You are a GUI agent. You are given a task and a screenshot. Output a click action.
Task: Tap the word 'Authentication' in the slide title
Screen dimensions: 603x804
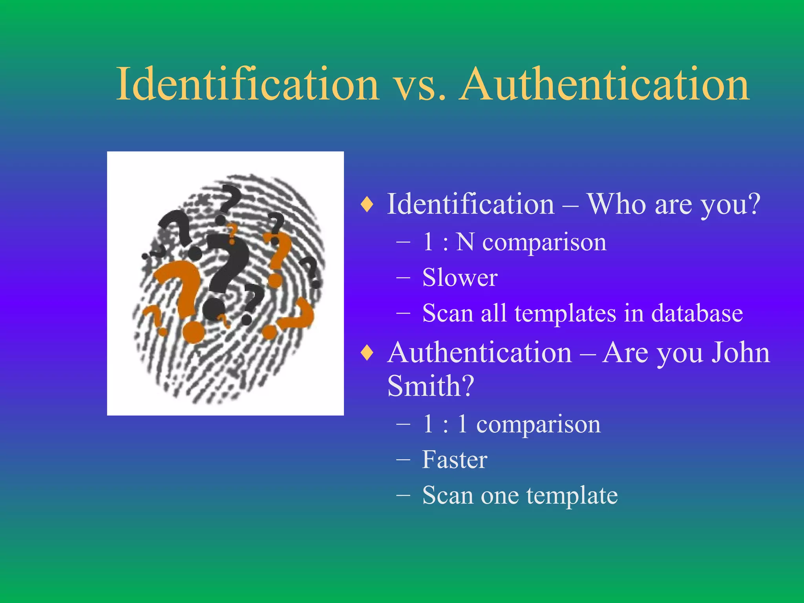(605, 85)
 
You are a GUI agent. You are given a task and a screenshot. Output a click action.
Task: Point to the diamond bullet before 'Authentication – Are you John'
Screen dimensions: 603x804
(367, 353)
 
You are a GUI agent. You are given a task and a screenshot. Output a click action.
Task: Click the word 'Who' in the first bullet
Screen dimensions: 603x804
(616, 204)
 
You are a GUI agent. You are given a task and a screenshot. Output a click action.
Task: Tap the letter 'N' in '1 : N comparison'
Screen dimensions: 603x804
(466, 242)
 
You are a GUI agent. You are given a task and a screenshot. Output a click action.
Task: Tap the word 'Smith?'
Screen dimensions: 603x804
(431, 386)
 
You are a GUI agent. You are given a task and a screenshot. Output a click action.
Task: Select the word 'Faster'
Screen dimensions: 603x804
(455, 459)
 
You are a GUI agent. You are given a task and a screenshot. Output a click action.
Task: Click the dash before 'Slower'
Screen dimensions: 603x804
(404, 278)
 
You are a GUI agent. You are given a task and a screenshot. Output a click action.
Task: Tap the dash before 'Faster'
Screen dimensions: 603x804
(404, 460)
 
